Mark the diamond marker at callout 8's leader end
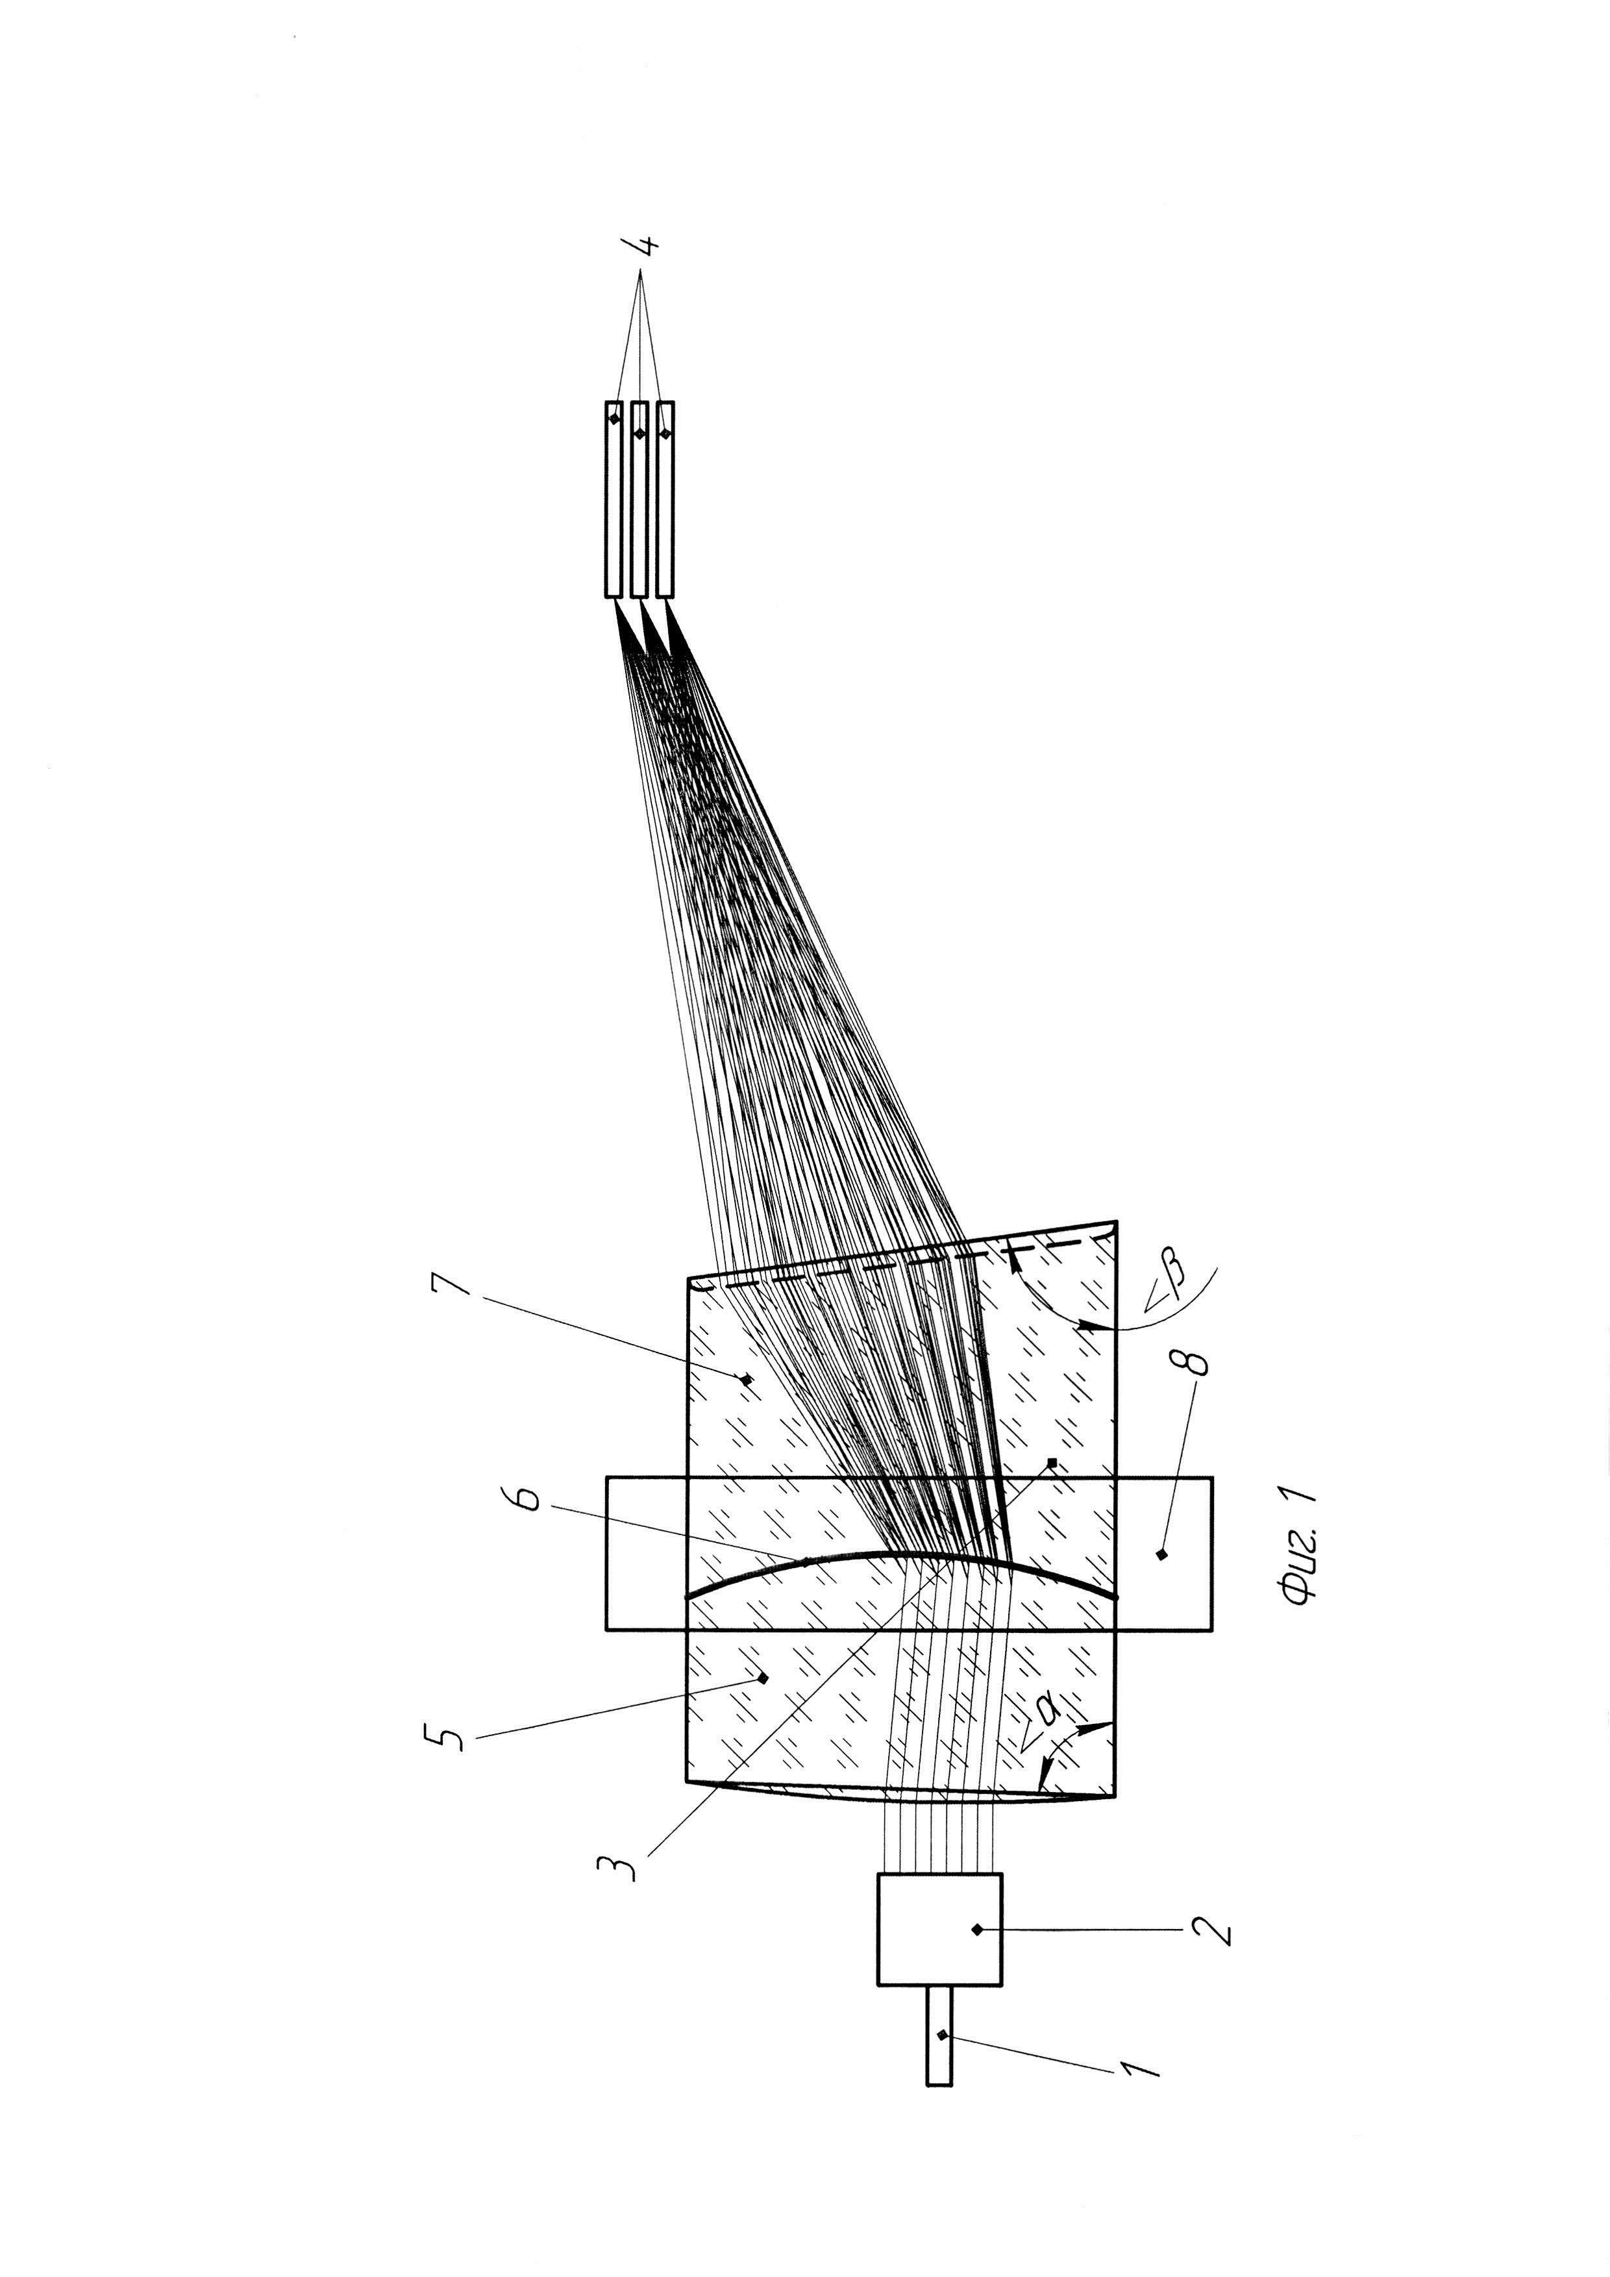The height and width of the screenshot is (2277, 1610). pyautogui.click(x=1162, y=1554)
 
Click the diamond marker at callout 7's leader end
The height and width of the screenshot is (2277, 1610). pyautogui.click(x=745, y=1378)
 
